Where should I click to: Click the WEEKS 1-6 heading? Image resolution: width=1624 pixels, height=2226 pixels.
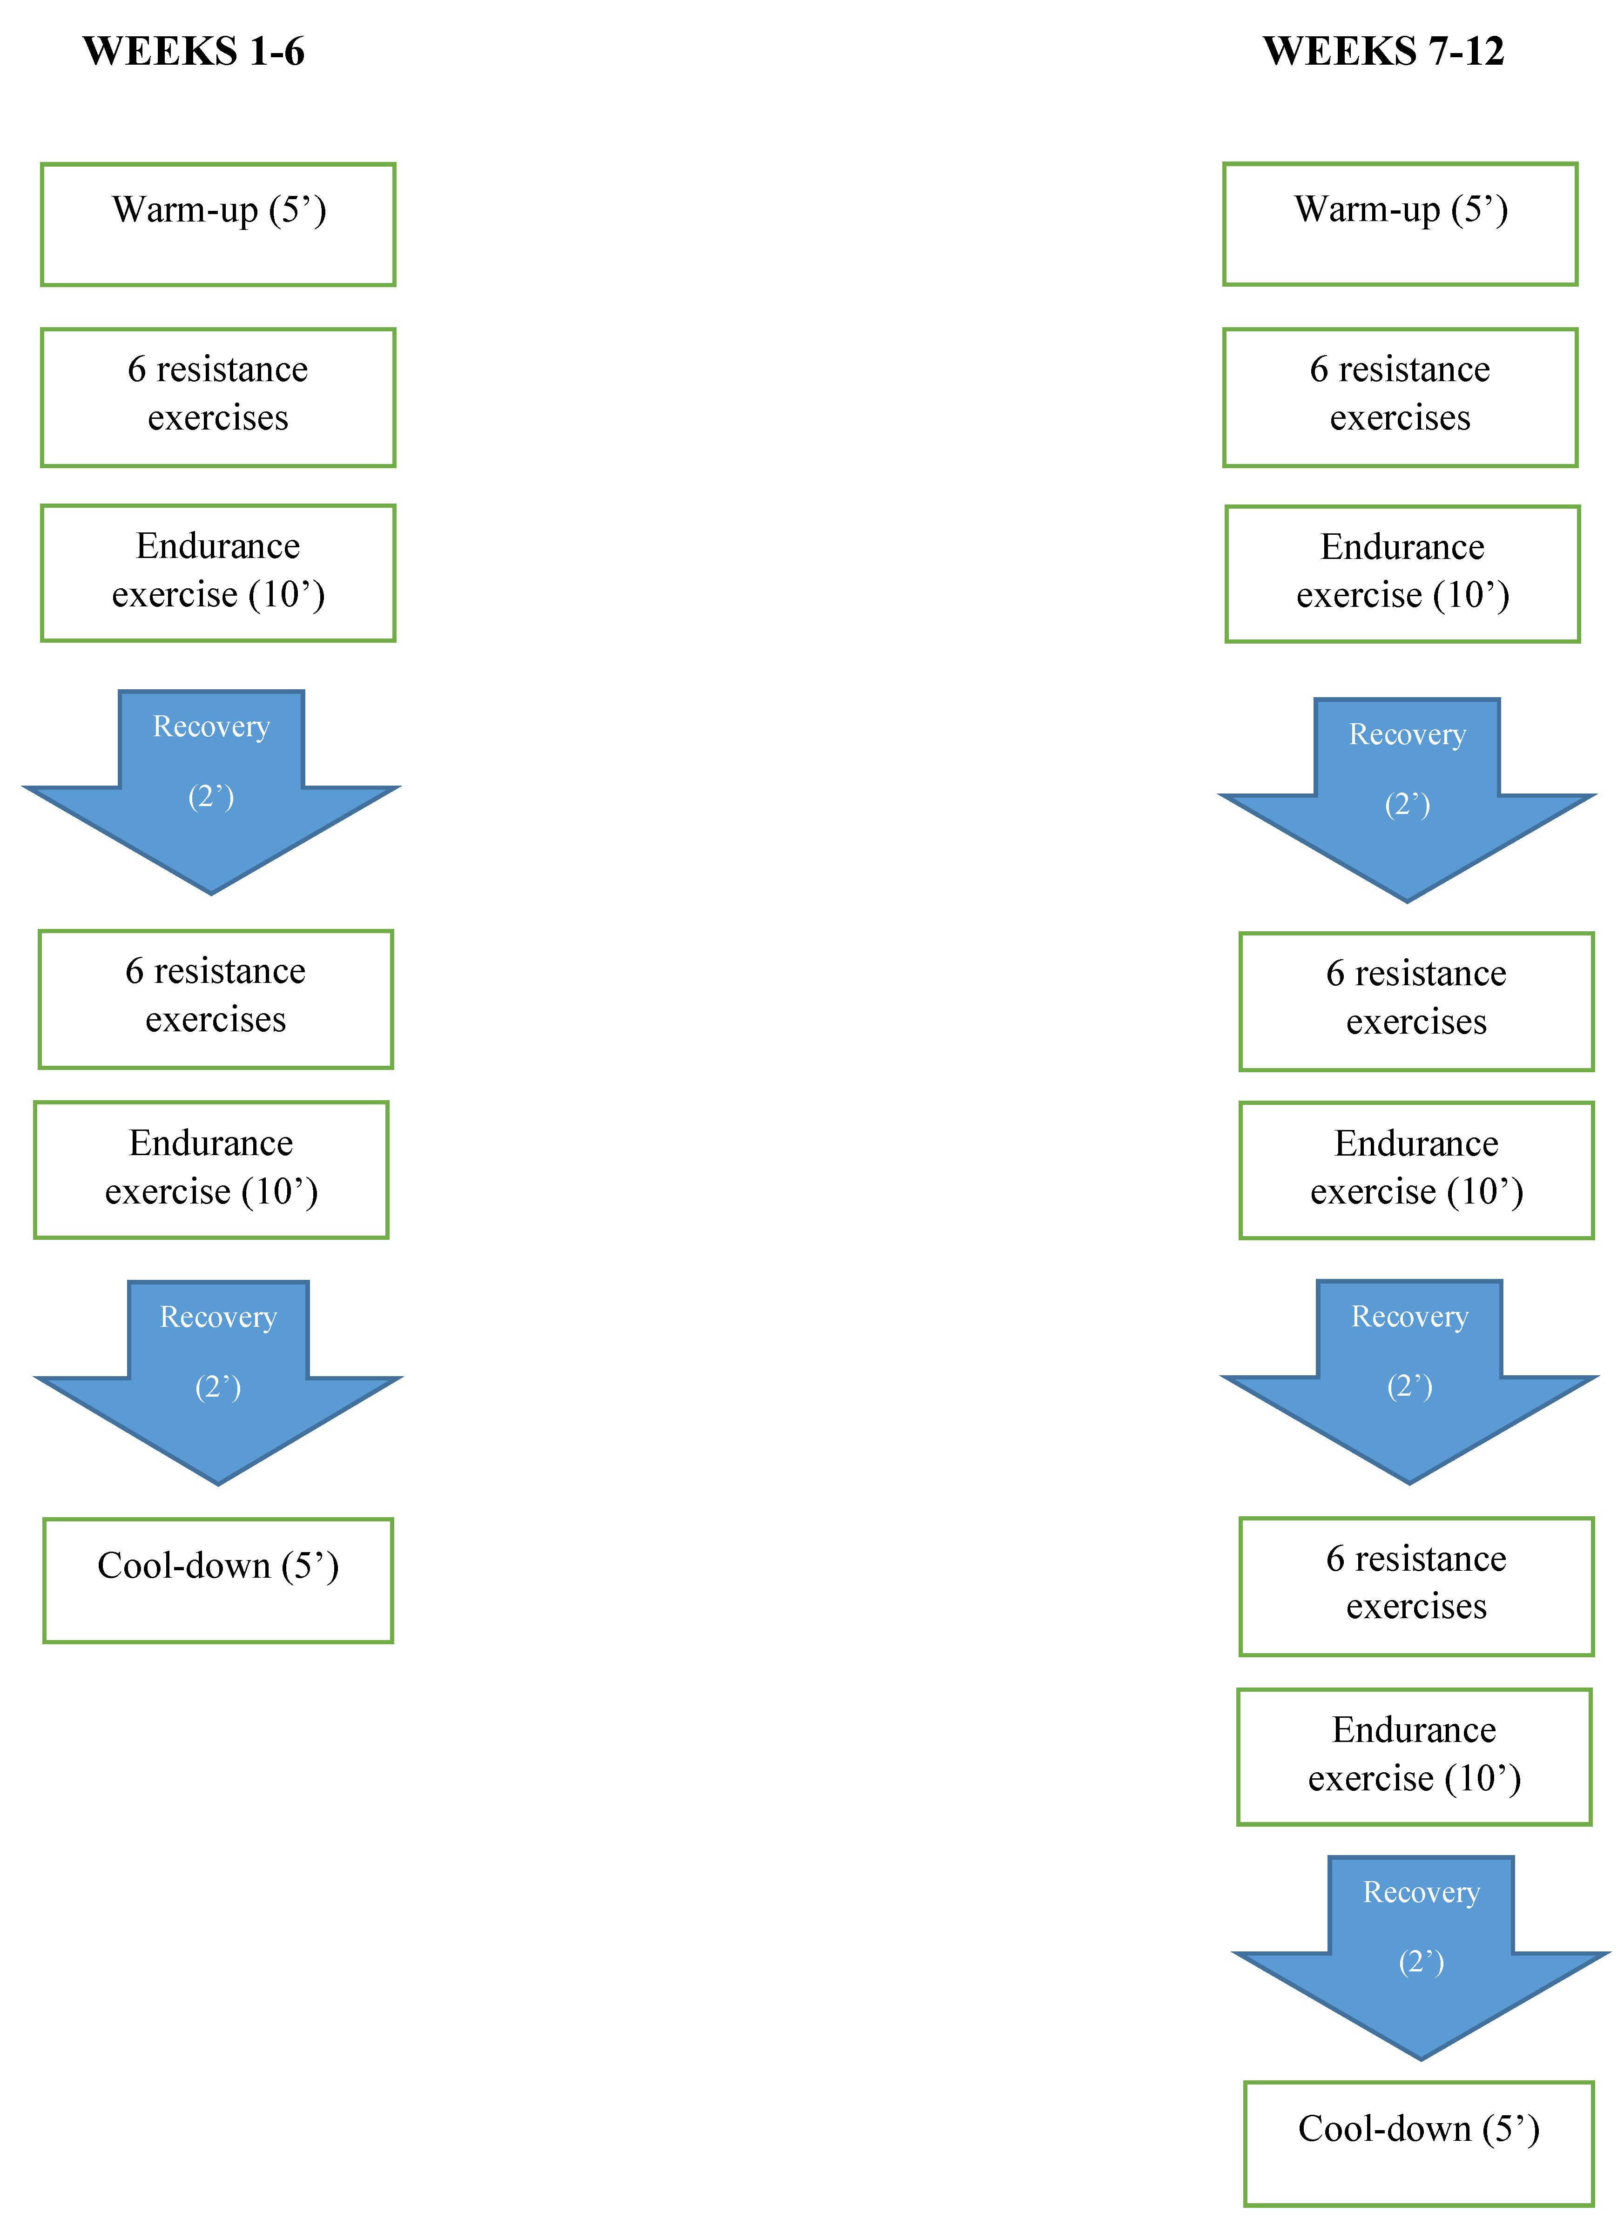pyautogui.click(x=194, y=51)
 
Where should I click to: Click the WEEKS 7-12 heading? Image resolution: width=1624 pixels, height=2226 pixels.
pyautogui.click(x=1383, y=51)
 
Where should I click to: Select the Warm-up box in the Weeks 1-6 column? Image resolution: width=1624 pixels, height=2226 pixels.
pyautogui.click(x=218, y=225)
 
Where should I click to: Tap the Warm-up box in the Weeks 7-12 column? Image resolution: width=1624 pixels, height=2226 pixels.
pyautogui.click(x=1400, y=225)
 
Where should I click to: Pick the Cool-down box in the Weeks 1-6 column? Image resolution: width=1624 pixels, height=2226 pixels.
pyautogui.click(x=218, y=1580)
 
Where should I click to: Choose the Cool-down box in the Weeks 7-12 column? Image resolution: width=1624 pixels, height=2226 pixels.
pyautogui.click(x=1419, y=2144)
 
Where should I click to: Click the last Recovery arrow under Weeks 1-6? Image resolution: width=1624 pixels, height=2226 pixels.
pyautogui.click(x=218, y=1376)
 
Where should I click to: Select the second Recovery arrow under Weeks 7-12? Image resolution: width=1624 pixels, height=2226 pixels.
pyautogui.click(x=1410, y=1376)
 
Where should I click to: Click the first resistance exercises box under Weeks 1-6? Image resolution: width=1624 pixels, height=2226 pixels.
pyautogui.click(x=218, y=397)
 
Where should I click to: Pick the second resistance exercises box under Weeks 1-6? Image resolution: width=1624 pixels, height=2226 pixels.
pyautogui.click(x=216, y=998)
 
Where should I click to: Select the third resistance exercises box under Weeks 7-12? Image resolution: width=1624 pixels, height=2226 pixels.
pyautogui.click(x=1416, y=1586)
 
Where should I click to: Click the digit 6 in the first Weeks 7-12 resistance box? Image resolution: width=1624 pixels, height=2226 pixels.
pyautogui.click(x=1319, y=370)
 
